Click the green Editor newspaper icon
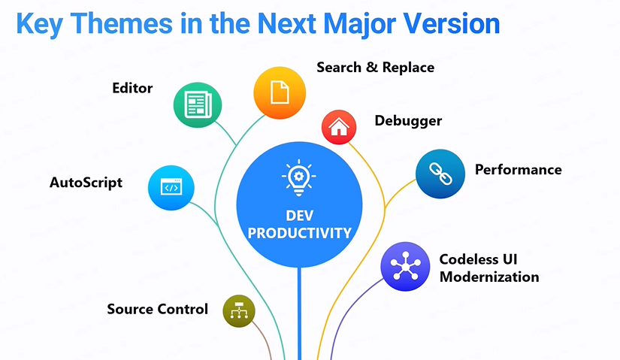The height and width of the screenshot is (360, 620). (198, 104)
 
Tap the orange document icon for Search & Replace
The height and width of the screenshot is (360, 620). (280, 92)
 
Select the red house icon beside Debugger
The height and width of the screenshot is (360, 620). (339, 127)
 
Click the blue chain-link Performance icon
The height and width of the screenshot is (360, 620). (440, 174)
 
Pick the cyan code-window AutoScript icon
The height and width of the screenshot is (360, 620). (171, 188)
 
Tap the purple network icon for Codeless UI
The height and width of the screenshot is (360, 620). (405, 266)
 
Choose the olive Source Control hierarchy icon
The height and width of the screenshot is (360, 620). (239, 311)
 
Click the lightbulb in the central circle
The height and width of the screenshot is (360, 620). (299, 177)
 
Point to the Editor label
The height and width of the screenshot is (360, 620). (132, 88)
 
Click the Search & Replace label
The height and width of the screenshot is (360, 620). (376, 68)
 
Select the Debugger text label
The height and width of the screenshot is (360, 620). (408, 121)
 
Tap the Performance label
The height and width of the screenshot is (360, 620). (519, 170)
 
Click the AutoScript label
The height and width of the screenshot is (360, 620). (86, 183)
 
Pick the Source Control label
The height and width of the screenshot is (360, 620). (157, 309)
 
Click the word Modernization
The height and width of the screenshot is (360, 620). (489, 277)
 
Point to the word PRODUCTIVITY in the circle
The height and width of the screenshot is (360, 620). (299, 233)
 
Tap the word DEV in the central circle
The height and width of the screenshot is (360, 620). (299, 216)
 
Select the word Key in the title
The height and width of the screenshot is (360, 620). (39, 25)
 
